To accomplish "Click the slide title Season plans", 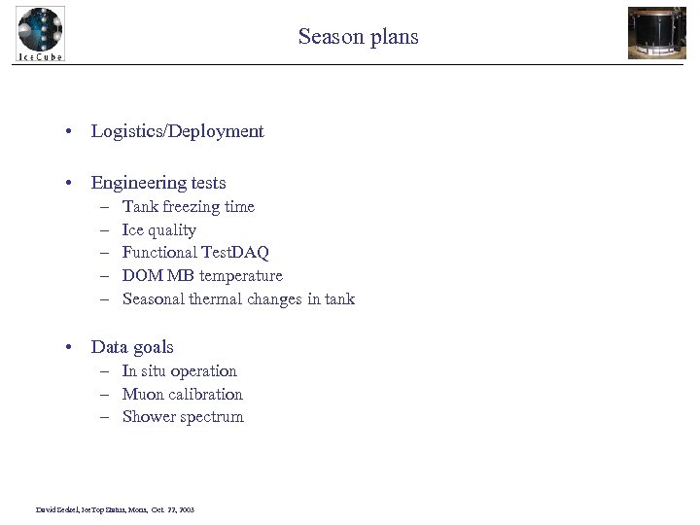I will tap(358, 37).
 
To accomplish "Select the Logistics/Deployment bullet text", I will tap(177, 131).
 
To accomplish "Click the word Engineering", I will tap(132, 183).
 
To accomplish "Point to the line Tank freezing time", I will tap(188, 206).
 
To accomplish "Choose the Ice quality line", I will tap(158, 230).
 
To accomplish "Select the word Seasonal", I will tap(153, 299).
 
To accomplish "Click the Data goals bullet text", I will tap(132, 347).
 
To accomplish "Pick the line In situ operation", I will tap(179, 371).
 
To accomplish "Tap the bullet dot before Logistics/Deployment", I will tap(72, 132).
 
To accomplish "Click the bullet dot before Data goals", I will tap(72, 348).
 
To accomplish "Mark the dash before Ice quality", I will tap(103, 230).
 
